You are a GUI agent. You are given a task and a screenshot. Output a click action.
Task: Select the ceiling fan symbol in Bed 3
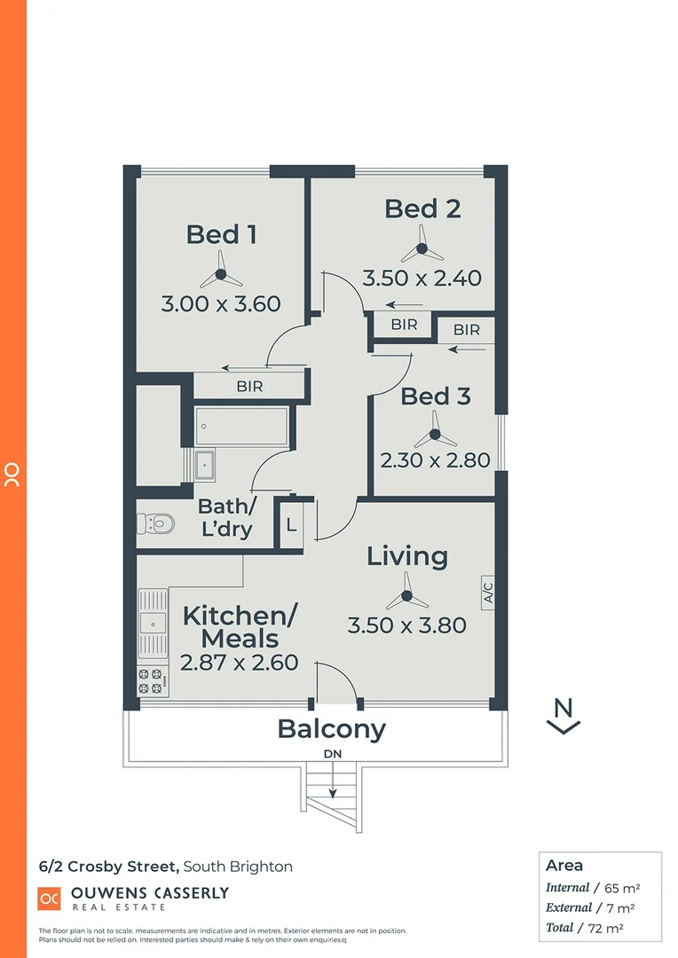(x=434, y=435)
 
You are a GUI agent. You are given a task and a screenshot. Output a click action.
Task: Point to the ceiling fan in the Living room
(x=406, y=589)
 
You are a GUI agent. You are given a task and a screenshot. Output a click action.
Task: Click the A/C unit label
(x=488, y=592)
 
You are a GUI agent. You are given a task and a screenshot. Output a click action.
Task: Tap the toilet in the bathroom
(x=155, y=524)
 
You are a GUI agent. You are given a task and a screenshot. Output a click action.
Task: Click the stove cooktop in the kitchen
(x=152, y=680)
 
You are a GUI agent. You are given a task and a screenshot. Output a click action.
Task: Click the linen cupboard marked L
(x=292, y=523)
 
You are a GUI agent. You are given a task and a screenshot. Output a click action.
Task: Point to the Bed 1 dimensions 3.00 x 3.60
(x=221, y=304)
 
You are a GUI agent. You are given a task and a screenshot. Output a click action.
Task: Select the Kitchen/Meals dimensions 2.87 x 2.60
(x=240, y=663)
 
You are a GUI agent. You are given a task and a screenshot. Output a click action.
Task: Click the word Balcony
(x=331, y=729)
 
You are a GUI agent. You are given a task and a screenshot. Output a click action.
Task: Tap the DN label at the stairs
(x=333, y=753)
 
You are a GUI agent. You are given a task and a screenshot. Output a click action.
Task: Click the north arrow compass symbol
(x=563, y=717)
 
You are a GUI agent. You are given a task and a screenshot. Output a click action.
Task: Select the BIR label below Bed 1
(x=249, y=387)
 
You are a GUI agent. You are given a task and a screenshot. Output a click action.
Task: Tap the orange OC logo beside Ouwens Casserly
(x=50, y=898)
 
